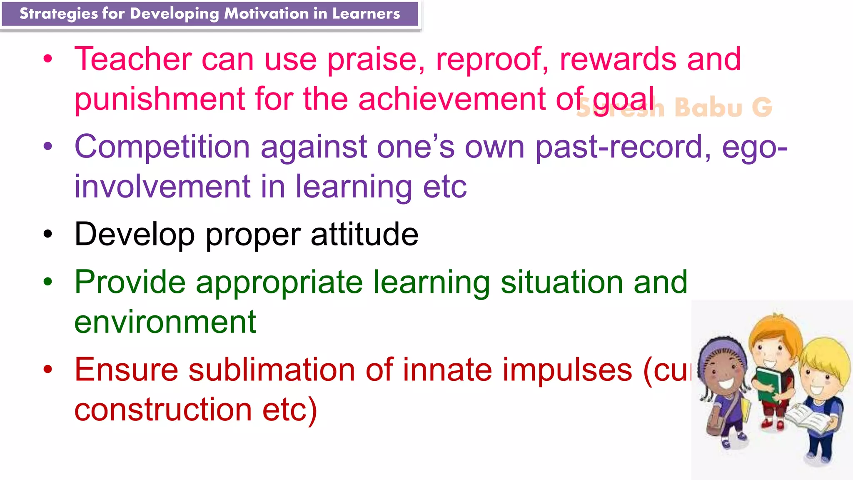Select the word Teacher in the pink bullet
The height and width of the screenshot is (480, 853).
pyautogui.click(x=133, y=59)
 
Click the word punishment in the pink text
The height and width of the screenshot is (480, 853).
pyautogui.click(x=160, y=99)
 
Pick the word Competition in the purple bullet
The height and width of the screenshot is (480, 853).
pyautogui.click(x=162, y=147)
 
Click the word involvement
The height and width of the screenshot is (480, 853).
pyautogui.click(x=162, y=186)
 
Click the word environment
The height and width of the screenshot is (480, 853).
pyautogui.click(x=165, y=322)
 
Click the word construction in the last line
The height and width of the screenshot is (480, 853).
pyautogui.click(x=163, y=410)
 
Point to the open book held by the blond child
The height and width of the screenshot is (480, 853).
pyautogui.click(x=808, y=419)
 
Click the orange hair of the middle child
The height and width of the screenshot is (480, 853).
pyautogui.click(x=775, y=327)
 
